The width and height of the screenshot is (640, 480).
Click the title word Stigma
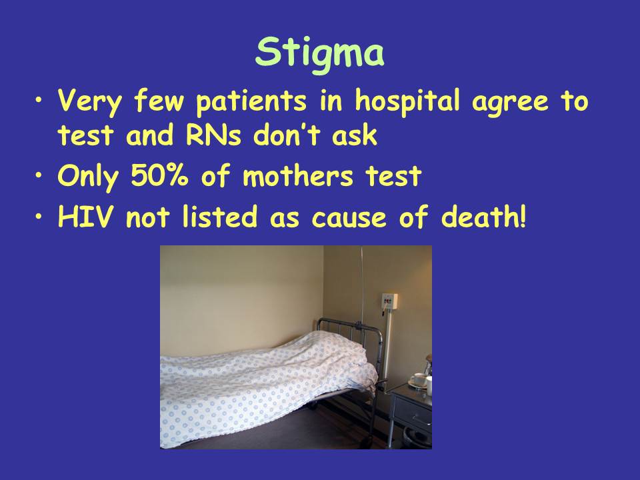coord(319,53)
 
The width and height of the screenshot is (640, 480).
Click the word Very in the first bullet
coord(89,101)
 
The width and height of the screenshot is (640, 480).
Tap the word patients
coord(251,101)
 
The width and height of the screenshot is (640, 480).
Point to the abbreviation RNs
coord(213,135)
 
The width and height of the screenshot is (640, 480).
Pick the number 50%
coord(159,175)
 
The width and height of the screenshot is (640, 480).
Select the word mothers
coord(297,175)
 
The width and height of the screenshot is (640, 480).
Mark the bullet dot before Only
coord(39,175)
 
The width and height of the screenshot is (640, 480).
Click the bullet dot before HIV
coord(39,216)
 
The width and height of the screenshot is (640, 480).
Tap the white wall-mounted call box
coord(389,302)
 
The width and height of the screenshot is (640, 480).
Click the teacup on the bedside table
coord(418,379)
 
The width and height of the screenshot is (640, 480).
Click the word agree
coord(510,101)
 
